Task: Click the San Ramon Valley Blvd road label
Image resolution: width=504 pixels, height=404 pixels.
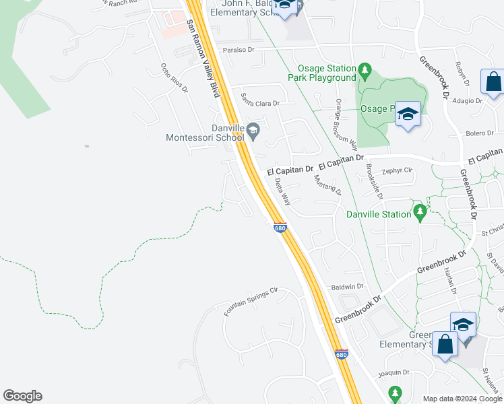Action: click(203, 59)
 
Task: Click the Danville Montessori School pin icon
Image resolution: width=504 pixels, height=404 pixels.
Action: click(253, 131)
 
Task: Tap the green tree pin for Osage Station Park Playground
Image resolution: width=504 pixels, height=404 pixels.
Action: click(365, 69)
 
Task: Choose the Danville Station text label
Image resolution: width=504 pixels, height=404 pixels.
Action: click(378, 214)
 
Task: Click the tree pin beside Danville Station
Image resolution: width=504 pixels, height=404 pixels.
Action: click(420, 213)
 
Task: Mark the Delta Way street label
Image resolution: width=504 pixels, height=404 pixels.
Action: click(282, 192)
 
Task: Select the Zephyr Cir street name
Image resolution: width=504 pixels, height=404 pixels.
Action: click(396, 170)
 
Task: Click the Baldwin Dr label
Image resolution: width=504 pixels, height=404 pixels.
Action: click(347, 287)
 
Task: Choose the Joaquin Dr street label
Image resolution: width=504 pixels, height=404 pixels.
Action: click(394, 372)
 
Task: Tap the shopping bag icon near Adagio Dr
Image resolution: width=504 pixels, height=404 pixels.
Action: click(493, 81)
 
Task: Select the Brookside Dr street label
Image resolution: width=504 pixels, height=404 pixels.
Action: click(375, 181)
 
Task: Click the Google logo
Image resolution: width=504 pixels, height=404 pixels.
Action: click(22, 396)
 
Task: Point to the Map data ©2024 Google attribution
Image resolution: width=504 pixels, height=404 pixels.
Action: click(461, 399)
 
